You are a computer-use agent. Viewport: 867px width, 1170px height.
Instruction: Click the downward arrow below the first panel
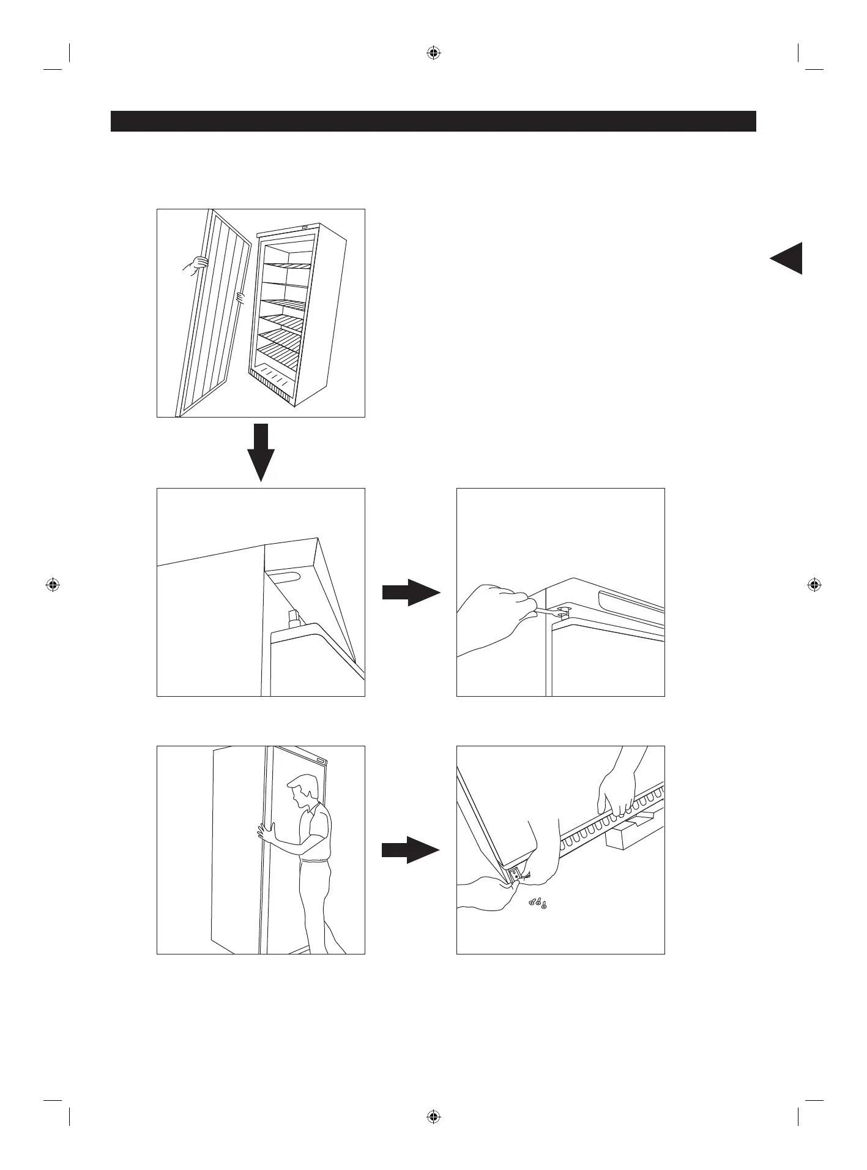pyautogui.click(x=261, y=453)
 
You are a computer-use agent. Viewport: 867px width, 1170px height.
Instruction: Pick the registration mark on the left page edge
pyautogui.click(x=53, y=585)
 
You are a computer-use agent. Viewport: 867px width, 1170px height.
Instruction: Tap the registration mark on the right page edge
pyautogui.click(x=814, y=585)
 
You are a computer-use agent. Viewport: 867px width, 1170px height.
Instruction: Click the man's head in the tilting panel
pyautogui.click(x=304, y=789)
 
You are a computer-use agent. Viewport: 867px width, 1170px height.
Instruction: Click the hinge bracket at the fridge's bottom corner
pyautogui.click(x=515, y=876)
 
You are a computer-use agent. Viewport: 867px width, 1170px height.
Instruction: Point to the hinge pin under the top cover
pyautogui.click(x=292, y=617)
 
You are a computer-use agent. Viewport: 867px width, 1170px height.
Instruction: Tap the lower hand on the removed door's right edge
pyautogui.click(x=240, y=299)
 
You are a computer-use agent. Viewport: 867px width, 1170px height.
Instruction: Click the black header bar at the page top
pyautogui.click(x=433, y=121)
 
